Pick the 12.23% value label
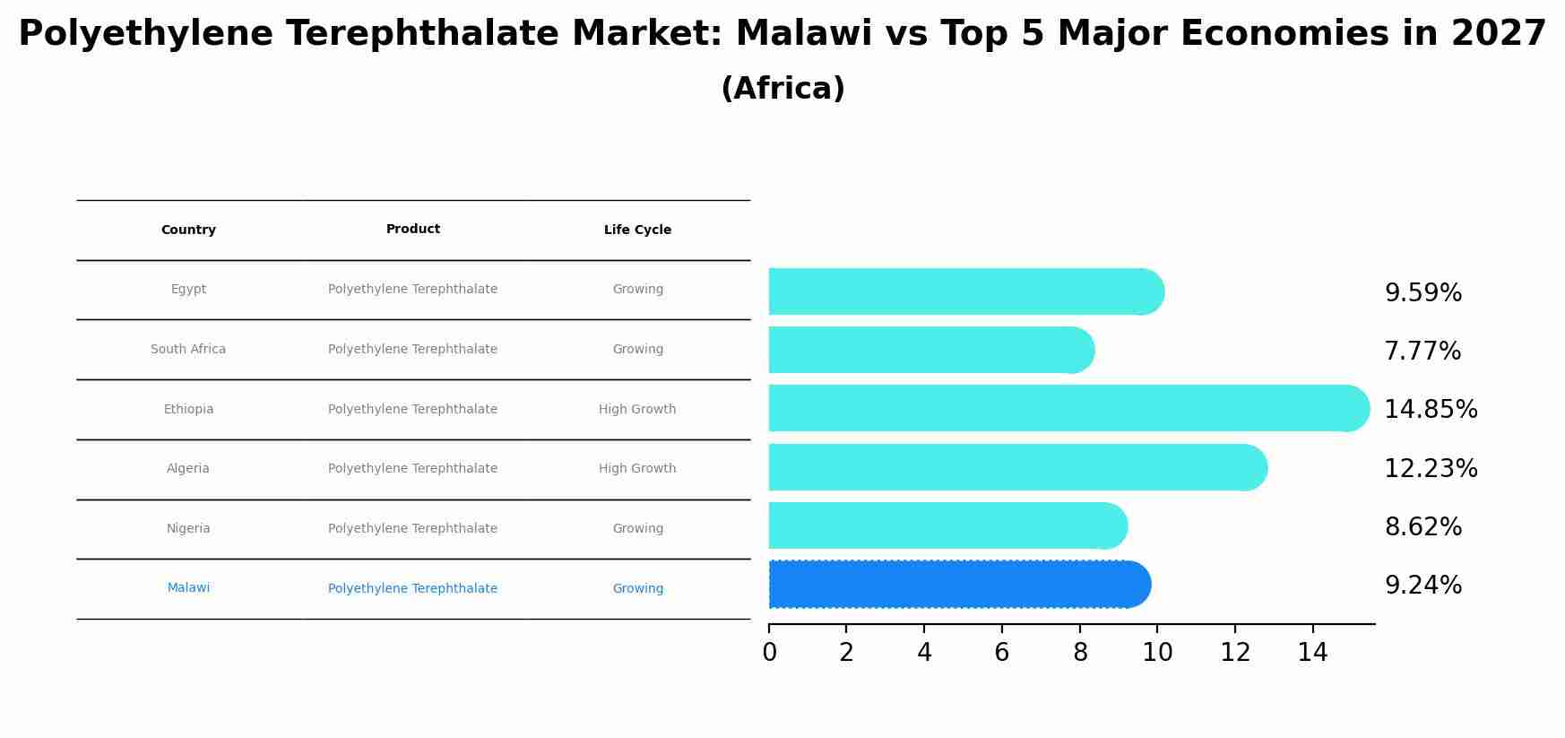(1431, 469)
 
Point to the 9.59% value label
(1422, 293)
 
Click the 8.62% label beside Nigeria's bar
(1422, 527)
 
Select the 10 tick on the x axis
(1157, 653)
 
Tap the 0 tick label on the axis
(769, 653)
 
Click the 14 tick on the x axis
(1312, 653)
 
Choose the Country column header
(188, 230)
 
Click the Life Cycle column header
(637, 230)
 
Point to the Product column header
(412, 230)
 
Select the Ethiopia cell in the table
(188, 410)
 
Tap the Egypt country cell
(188, 290)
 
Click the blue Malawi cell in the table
(188, 588)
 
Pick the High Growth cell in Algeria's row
(637, 469)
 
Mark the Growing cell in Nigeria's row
(637, 529)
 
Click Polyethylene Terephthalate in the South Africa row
(412, 350)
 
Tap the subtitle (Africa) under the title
(782, 89)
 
